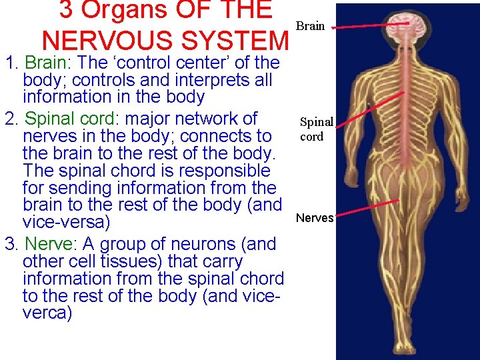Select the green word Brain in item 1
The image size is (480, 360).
(45, 63)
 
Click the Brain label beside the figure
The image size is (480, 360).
(310, 26)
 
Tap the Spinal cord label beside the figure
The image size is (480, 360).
(315, 129)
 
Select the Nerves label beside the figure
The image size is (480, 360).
(314, 217)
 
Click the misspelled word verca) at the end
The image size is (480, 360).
(47, 313)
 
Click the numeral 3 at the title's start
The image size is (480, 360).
(66, 10)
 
